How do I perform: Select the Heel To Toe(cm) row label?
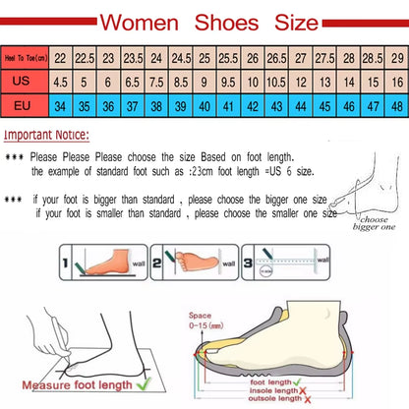pyautogui.click(x=24, y=59)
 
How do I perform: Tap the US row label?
pyautogui.click(x=24, y=83)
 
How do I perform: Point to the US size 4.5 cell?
pyautogui.click(x=61, y=83)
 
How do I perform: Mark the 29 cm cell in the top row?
pyautogui.click(x=396, y=59)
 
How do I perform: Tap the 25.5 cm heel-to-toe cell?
pyautogui.click(x=228, y=59)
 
